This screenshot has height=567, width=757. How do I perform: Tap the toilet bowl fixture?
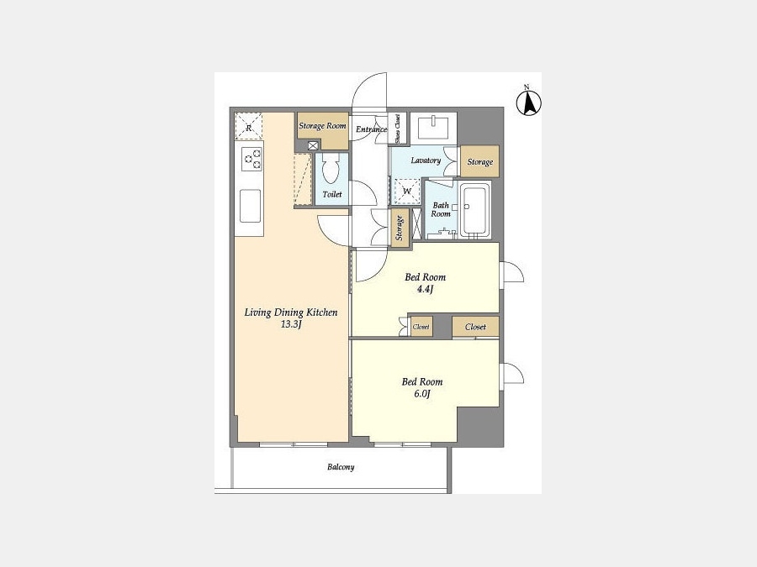(x=331, y=168)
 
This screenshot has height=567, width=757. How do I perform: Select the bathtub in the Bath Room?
(x=475, y=210)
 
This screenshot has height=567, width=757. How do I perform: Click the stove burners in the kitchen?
(x=251, y=159)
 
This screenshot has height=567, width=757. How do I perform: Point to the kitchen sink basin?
(x=250, y=206)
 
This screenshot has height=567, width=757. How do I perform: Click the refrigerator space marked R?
(x=249, y=126)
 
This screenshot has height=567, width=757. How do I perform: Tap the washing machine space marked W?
(x=406, y=192)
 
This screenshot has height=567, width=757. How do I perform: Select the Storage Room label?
(x=322, y=126)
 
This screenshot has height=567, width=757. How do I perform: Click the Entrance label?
(x=371, y=129)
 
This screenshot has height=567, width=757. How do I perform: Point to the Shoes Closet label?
(x=397, y=129)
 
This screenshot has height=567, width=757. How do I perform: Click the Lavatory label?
(x=426, y=160)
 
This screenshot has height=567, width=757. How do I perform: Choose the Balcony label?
(x=341, y=467)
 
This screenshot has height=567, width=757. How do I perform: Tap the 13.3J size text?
(x=291, y=324)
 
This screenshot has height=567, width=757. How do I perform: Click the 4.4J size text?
(x=425, y=289)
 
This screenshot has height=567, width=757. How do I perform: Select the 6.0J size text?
(x=422, y=394)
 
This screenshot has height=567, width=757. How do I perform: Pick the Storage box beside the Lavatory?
(x=479, y=161)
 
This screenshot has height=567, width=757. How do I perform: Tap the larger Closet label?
(x=475, y=327)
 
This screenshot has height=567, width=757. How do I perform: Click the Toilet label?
(x=331, y=194)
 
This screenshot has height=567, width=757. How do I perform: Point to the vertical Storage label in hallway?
(x=400, y=228)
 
